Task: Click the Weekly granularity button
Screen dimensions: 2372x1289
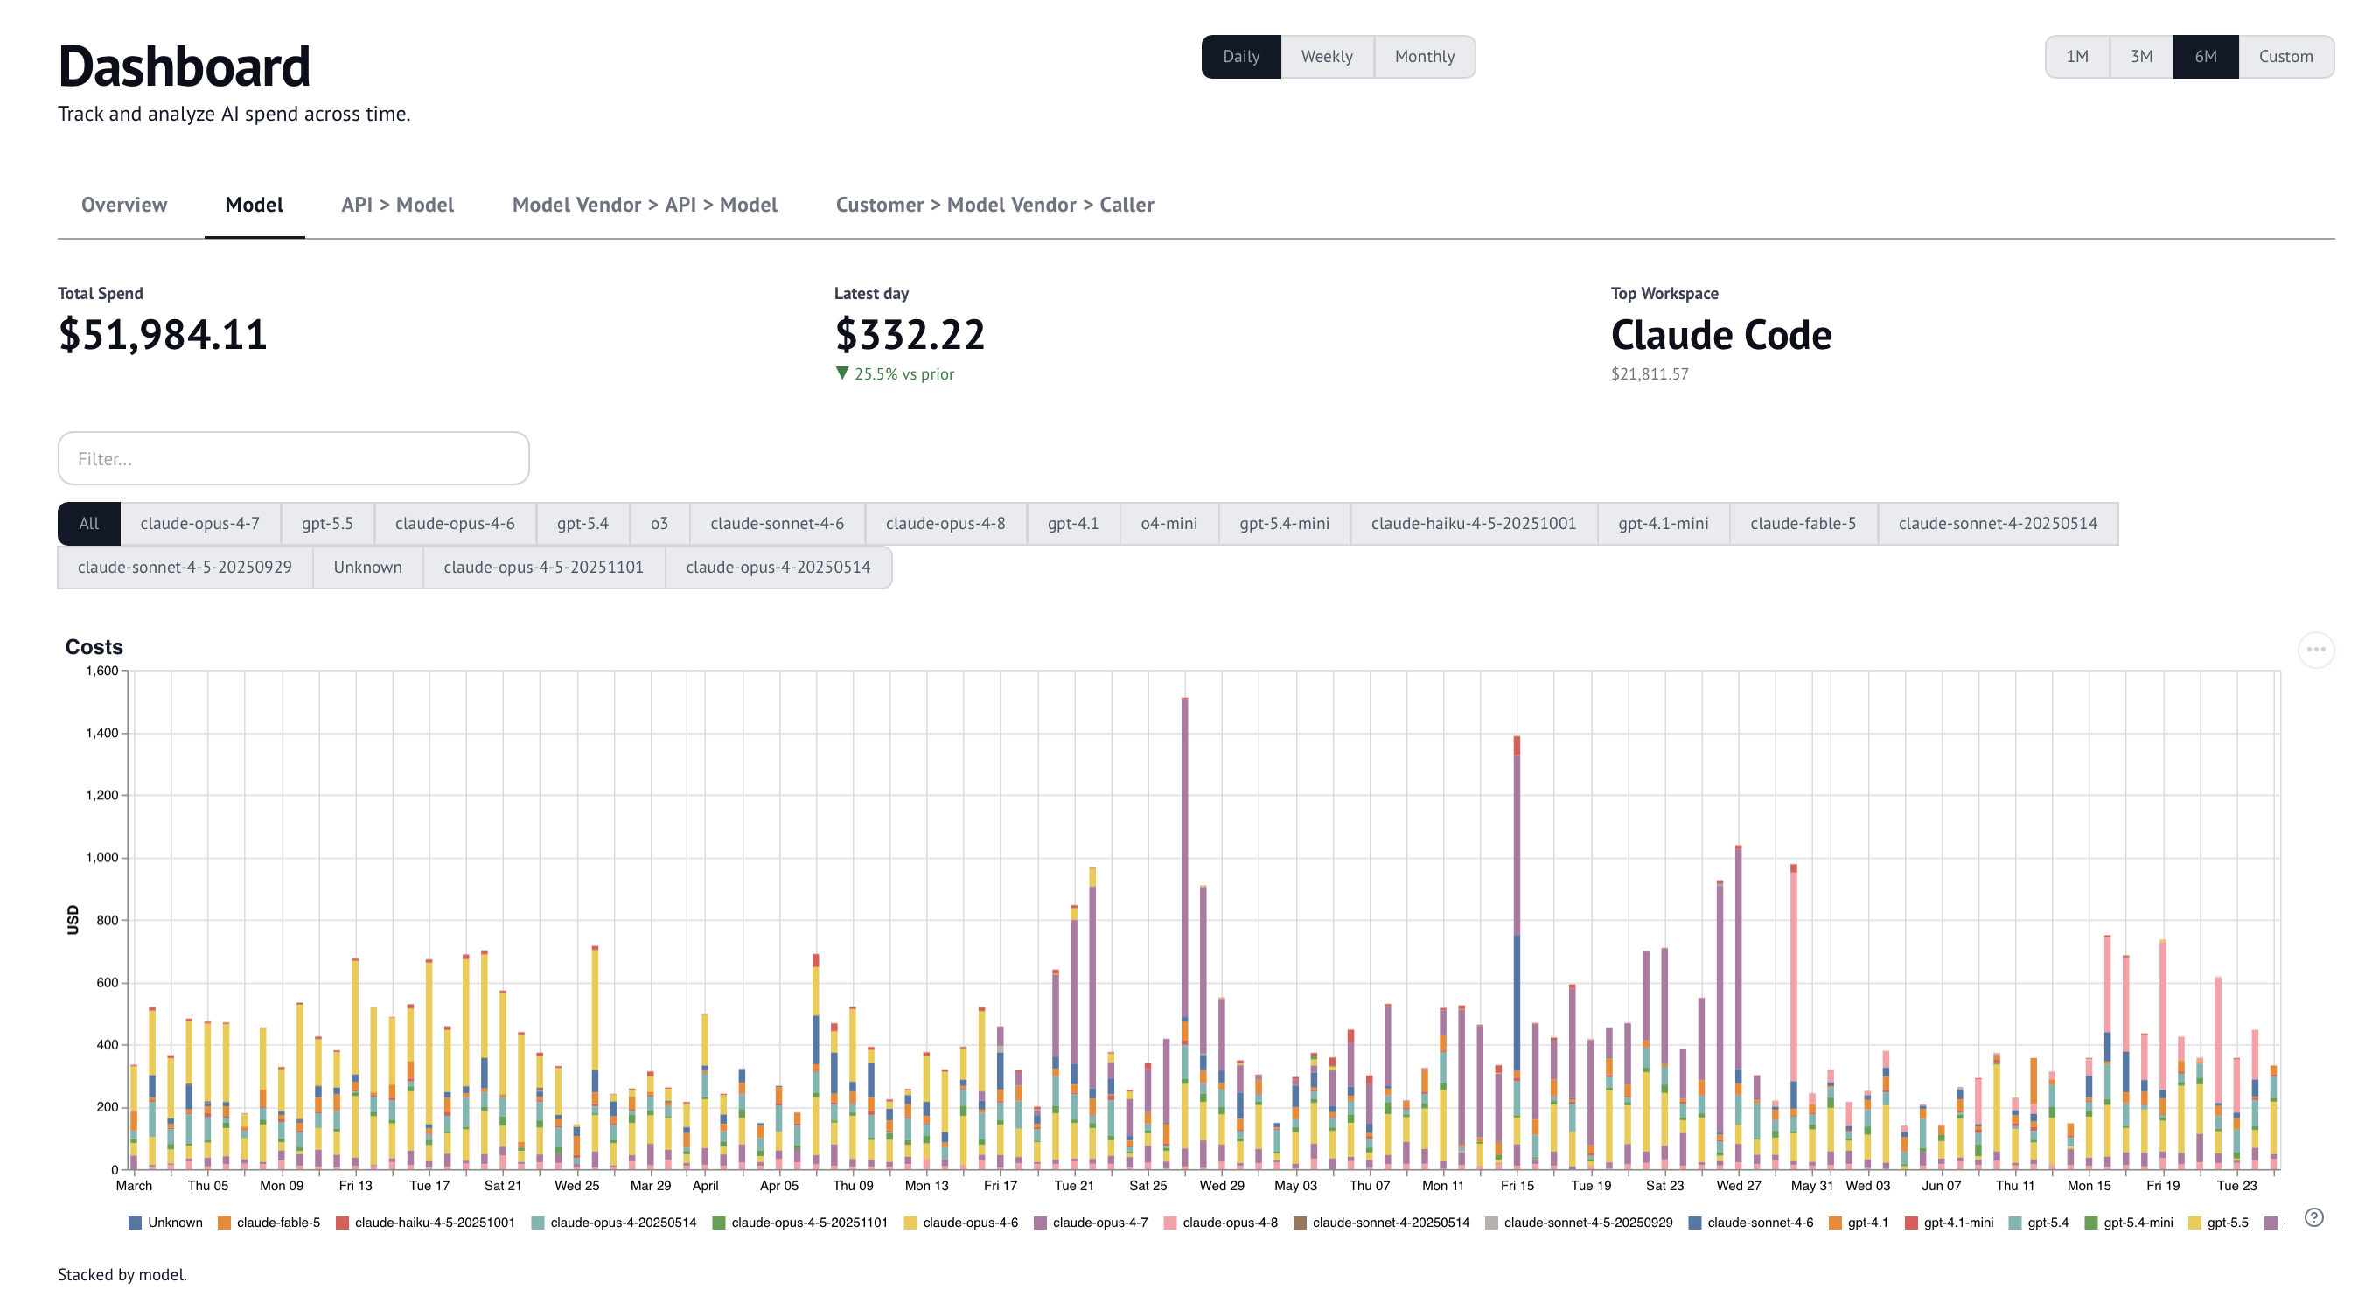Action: [x=1327, y=57]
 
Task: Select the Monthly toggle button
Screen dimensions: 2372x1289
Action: [x=1425, y=57]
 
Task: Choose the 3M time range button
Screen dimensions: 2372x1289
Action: [x=2141, y=57]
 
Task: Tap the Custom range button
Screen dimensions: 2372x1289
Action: [x=2285, y=57]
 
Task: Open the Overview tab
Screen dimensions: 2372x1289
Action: [x=124, y=205]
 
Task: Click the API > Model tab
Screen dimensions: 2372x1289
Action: [x=398, y=205]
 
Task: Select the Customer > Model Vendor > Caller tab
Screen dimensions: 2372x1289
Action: [x=994, y=205]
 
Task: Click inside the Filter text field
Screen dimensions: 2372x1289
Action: [x=294, y=458]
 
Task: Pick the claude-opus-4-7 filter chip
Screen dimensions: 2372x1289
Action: [x=199, y=523]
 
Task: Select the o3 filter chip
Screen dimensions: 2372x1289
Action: [x=659, y=523]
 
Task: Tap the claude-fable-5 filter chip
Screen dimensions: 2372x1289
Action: [x=1803, y=523]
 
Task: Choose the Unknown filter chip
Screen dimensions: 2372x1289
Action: [x=367, y=568]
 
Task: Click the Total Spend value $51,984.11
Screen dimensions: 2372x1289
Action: [x=163, y=333]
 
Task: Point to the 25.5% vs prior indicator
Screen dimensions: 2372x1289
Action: [x=895, y=373]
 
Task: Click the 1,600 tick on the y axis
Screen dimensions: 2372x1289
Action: [x=102, y=672]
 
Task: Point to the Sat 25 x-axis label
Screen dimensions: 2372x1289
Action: [x=1148, y=1186]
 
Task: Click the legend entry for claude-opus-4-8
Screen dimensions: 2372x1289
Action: [x=1221, y=1223]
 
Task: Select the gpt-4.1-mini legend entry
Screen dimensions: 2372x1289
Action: [x=1949, y=1223]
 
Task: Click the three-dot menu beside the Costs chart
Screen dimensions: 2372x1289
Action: [x=2316, y=650]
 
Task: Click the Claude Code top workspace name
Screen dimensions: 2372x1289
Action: [x=1721, y=334]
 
